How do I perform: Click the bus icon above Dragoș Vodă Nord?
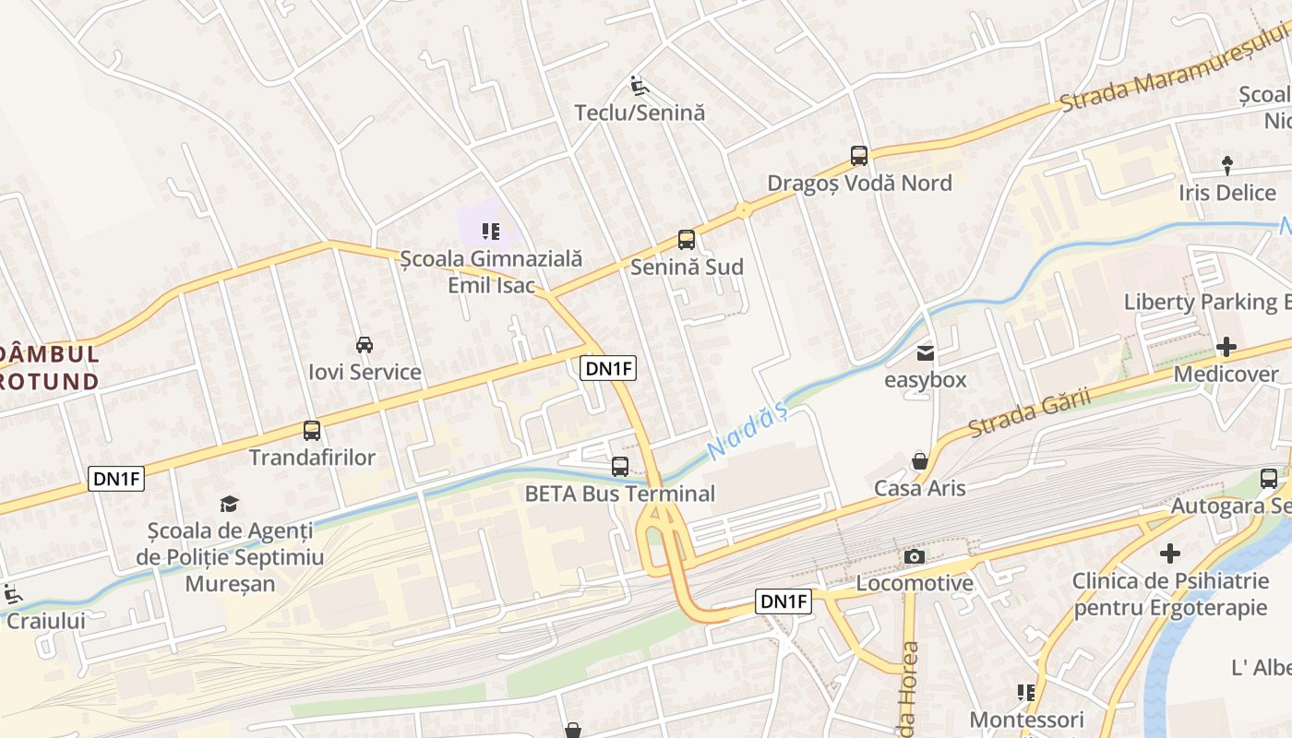[x=859, y=156]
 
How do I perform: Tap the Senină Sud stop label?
[x=687, y=268]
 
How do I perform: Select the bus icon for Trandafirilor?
[x=312, y=431]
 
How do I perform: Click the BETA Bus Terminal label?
[x=619, y=494]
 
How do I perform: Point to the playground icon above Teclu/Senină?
[x=639, y=86]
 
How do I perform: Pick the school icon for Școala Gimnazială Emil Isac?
[x=491, y=231]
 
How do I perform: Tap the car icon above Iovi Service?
[x=365, y=345]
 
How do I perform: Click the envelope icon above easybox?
[x=926, y=352]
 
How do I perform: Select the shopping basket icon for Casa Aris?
[x=920, y=460]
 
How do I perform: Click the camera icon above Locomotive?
[x=915, y=556]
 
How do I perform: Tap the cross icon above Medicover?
[x=1226, y=347]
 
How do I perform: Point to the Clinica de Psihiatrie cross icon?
[x=1170, y=553]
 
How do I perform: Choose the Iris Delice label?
[x=1226, y=193]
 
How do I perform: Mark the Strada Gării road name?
[x=1029, y=412]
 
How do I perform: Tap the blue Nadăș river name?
[x=747, y=432]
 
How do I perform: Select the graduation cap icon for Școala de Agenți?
[x=229, y=504]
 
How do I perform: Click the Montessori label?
[x=1026, y=719]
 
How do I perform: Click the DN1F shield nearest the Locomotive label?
[x=784, y=602]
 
